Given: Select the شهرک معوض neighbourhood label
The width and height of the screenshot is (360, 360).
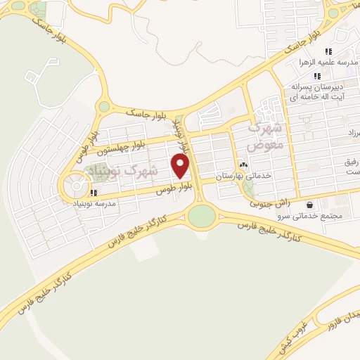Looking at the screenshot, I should (264, 136).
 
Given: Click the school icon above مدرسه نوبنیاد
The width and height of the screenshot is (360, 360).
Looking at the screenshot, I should (93, 192).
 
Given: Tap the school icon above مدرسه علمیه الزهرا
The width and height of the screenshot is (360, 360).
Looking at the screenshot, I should (328, 51).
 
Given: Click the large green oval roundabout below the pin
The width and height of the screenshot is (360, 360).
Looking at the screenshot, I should (201, 215).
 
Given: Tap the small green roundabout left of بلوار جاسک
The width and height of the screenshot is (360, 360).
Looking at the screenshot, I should (104, 107).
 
